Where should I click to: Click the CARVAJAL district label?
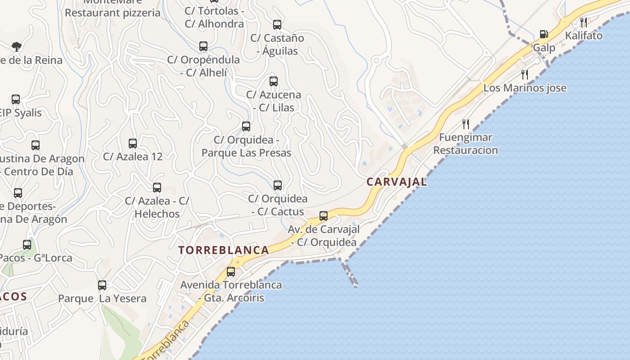click(x=396, y=182)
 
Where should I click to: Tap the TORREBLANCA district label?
click(x=224, y=250)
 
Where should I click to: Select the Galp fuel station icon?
click(x=544, y=34)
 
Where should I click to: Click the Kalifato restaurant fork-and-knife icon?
click(x=584, y=22)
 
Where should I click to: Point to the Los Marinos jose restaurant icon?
click(x=524, y=74)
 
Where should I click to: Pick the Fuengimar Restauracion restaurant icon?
click(x=466, y=124)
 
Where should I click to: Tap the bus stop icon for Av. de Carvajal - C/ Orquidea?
click(x=324, y=216)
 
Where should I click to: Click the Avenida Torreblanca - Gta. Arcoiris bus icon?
click(x=231, y=271)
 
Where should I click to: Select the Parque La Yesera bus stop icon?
click(x=102, y=285)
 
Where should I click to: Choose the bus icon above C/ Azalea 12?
click(x=133, y=144)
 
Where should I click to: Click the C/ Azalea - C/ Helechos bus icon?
click(x=157, y=188)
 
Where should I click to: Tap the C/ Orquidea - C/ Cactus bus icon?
click(x=278, y=185)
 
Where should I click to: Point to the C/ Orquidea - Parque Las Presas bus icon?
click(x=246, y=126)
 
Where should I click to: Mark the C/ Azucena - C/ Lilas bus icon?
click(x=274, y=81)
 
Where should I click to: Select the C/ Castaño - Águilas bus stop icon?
click(x=277, y=25)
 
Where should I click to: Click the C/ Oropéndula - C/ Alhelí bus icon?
click(x=203, y=46)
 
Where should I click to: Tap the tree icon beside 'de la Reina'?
click(x=17, y=46)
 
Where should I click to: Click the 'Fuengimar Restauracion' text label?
click(x=466, y=144)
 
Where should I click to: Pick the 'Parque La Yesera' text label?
click(x=102, y=298)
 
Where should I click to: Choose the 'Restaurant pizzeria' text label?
click(x=112, y=13)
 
